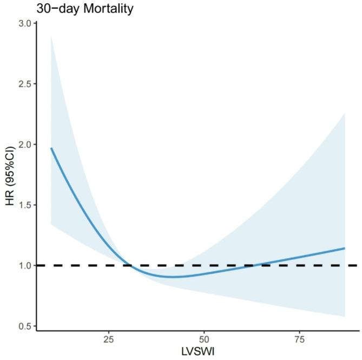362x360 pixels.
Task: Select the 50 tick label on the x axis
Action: click(x=203, y=339)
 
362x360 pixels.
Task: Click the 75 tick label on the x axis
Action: click(x=299, y=339)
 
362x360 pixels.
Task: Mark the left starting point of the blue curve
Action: click(x=51, y=148)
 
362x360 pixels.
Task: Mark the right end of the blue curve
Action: click(x=345, y=248)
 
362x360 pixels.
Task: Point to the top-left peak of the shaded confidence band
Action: click(x=51, y=36)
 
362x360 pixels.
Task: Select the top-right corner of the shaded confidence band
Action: click(x=345, y=113)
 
